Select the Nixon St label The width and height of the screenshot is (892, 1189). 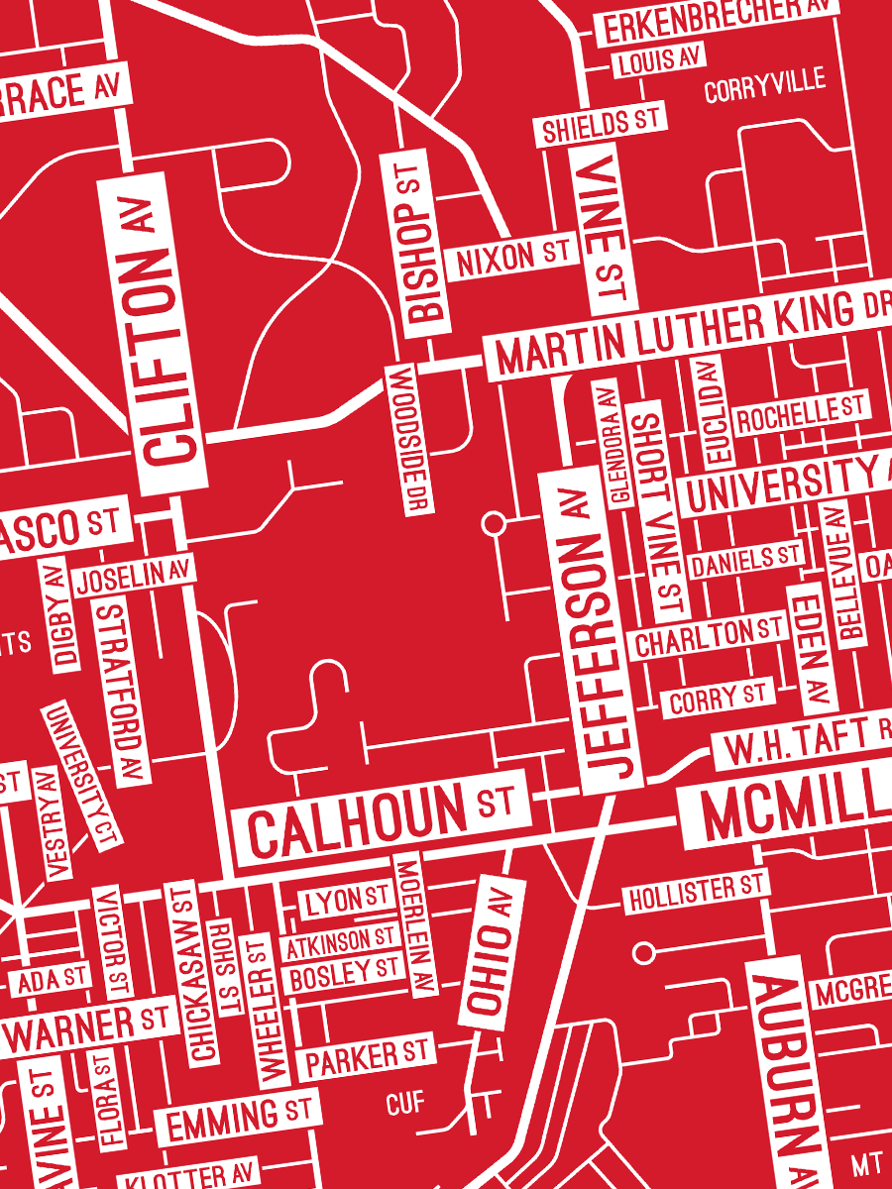click(x=511, y=258)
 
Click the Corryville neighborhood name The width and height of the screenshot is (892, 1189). click(x=764, y=87)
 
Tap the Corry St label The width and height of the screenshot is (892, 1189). click(x=717, y=699)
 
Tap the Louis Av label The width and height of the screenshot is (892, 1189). click(x=658, y=61)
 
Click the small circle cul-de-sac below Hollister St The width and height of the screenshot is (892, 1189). click(x=644, y=953)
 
